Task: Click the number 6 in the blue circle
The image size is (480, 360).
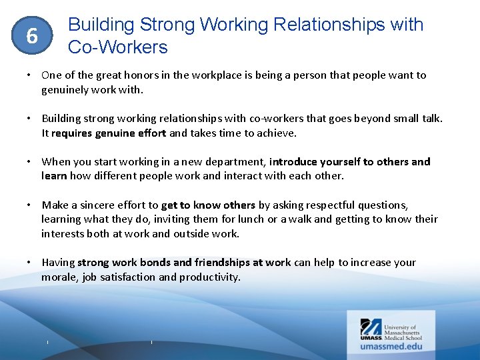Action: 31,36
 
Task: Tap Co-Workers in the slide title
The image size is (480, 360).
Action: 118,47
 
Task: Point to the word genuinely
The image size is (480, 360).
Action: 65,89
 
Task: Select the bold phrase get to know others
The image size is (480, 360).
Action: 208,205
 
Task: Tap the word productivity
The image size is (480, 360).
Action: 209,277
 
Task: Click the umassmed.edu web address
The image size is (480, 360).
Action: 392,346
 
